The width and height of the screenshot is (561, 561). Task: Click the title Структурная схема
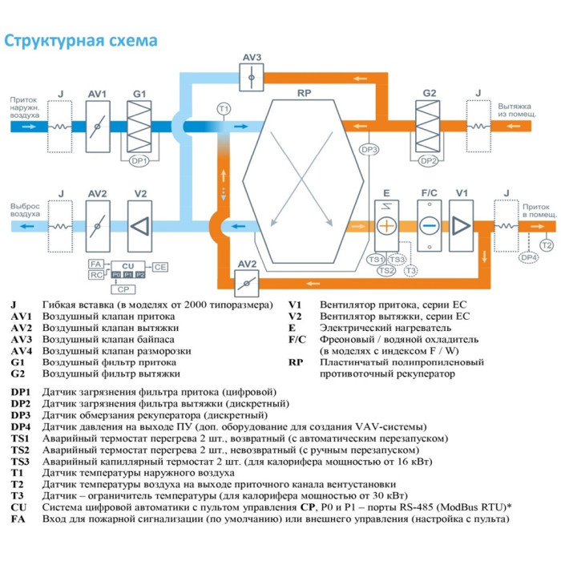pos(81,41)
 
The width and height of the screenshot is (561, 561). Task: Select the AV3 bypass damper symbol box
pos(252,78)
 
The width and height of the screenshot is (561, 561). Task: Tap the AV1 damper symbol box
pos(98,126)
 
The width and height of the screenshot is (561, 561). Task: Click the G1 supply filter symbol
pos(139,126)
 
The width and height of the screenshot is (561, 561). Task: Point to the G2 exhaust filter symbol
pos(430,126)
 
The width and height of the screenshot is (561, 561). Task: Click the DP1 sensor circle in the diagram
pos(139,160)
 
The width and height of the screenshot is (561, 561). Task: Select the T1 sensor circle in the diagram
pos(224,108)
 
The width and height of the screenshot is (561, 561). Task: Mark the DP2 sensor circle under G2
pos(429,160)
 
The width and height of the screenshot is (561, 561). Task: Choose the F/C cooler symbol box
pos(430,226)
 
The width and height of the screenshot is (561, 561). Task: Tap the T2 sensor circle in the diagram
pos(547,244)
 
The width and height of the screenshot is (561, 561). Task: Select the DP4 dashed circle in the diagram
pos(528,257)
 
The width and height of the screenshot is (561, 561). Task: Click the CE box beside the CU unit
pos(159,266)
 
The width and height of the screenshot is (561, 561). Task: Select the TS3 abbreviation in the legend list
pos(20,462)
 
